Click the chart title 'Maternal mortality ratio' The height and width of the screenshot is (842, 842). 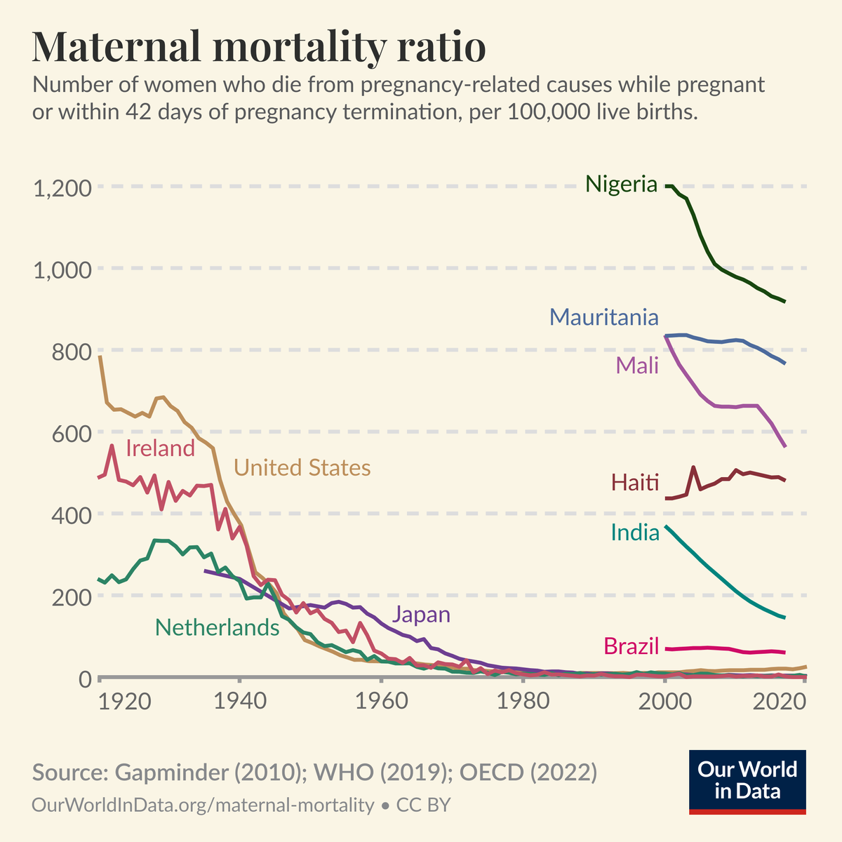259,48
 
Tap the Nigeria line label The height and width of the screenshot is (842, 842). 621,185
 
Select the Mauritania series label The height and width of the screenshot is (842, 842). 604,317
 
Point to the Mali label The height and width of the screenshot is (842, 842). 637,365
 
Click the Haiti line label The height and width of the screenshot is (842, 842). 635,483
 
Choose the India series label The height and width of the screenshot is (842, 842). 635,533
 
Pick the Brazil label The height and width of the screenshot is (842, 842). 631,646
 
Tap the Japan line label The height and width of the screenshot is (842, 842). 421,615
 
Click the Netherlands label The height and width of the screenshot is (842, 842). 217,627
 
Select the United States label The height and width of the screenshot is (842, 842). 302,467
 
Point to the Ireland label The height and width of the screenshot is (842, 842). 160,448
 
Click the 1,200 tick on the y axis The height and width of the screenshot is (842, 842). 62,187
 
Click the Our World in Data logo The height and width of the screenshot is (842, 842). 747,782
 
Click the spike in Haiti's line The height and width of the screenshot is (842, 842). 693,467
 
